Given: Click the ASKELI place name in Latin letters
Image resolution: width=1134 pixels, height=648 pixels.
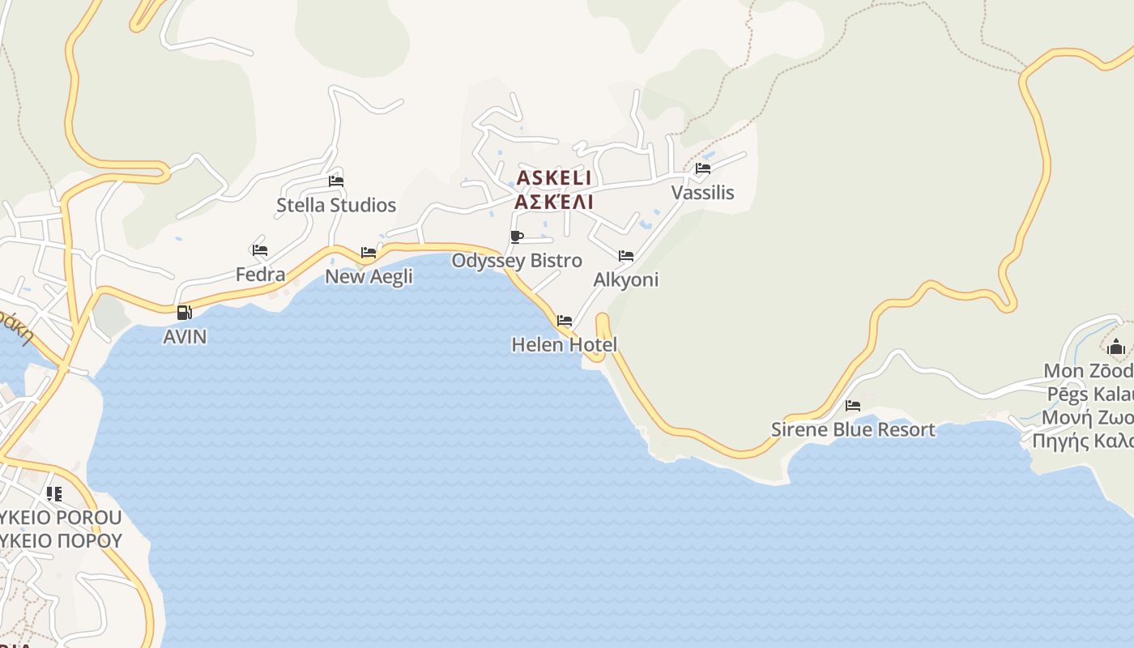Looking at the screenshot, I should pyautogui.click(x=554, y=177).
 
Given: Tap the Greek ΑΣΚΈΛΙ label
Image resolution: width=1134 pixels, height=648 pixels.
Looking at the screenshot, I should pyautogui.click(x=554, y=202).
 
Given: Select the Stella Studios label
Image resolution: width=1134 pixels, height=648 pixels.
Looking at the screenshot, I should pyautogui.click(x=336, y=205).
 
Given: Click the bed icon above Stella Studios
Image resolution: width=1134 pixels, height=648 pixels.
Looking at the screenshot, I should pyautogui.click(x=336, y=181).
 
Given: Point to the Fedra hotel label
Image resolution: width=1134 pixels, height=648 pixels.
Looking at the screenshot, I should pyautogui.click(x=260, y=275).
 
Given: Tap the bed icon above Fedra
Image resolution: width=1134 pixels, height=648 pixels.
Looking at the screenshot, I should pyautogui.click(x=260, y=250).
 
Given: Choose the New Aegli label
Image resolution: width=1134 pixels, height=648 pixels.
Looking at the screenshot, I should pyautogui.click(x=369, y=276).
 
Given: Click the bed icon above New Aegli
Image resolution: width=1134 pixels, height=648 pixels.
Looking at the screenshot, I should pyautogui.click(x=369, y=253).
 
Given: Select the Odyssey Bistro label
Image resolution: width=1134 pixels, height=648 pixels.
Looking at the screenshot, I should pyautogui.click(x=517, y=261).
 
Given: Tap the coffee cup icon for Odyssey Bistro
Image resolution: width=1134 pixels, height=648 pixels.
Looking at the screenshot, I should pyautogui.click(x=517, y=237).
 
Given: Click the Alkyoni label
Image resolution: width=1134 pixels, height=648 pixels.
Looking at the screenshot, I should pyautogui.click(x=626, y=279).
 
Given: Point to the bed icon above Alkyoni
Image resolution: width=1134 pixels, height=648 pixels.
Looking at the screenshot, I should pyautogui.click(x=626, y=256).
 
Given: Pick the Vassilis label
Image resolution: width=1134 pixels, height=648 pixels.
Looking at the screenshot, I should pyautogui.click(x=702, y=193).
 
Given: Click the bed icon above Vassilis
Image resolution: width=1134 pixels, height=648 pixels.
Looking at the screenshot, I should pyautogui.click(x=702, y=168).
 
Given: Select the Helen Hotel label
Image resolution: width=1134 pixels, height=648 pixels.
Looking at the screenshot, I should pyautogui.click(x=565, y=345).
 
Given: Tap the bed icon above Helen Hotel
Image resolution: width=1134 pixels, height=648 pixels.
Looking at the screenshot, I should pyautogui.click(x=565, y=321).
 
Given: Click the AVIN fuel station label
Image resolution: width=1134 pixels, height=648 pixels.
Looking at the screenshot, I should pyautogui.click(x=185, y=336).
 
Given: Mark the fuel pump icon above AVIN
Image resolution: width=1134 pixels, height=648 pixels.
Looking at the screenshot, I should pyautogui.click(x=185, y=312).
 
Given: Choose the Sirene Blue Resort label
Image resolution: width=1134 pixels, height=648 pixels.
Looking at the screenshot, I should pyautogui.click(x=853, y=429).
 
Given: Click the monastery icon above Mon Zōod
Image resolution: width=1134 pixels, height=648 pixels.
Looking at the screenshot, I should pyautogui.click(x=1116, y=347).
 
